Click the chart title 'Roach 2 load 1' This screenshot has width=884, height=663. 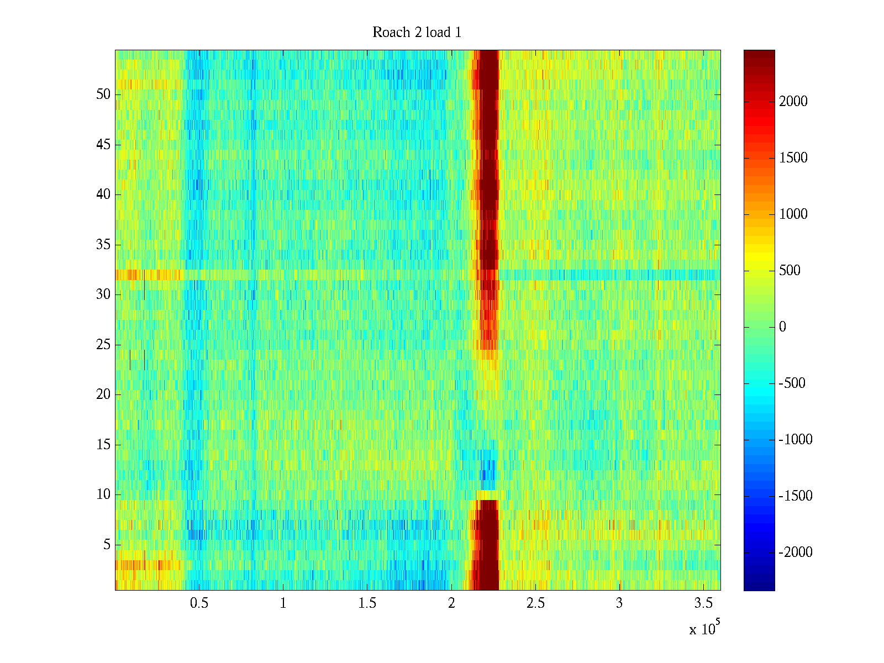pos(417,33)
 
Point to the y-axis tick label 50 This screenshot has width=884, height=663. pos(103,94)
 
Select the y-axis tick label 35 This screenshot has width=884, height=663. pos(103,245)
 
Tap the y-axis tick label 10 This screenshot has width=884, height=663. pos(103,494)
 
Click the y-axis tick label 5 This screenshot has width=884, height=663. pos(107,545)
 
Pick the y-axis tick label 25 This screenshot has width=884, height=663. pos(103,345)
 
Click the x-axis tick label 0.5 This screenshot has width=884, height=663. pos(199,603)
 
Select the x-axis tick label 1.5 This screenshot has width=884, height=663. pos(367,603)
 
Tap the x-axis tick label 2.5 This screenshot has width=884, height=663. pos(535,603)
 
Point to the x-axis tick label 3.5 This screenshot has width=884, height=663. pos(703,603)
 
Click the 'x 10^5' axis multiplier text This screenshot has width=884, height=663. pos(704,628)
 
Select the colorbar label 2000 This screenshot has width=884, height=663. pos(793,102)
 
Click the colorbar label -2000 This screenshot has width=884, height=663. pos(796,552)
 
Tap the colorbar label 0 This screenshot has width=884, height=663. pos(782,327)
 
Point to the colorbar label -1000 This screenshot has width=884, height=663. pos(796,440)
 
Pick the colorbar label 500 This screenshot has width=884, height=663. pos(790,271)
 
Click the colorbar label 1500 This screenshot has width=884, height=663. pos(793,158)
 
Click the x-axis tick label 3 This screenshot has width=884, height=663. pos(619,603)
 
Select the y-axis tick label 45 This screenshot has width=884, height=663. pos(103,145)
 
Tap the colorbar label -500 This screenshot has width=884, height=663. pos(792,383)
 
